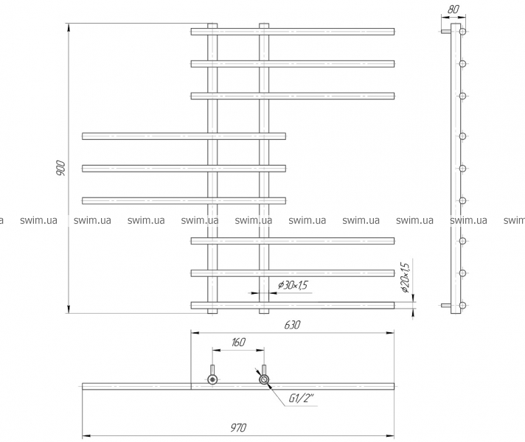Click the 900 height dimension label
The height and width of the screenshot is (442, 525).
tap(60, 168)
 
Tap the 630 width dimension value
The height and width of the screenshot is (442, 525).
tap(292, 325)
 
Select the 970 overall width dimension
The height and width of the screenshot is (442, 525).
tap(238, 427)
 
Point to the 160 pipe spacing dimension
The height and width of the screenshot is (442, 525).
tap(238, 343)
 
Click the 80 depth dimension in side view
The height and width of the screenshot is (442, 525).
tap(453, 10)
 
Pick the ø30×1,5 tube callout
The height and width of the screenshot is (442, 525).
tap(293, 285)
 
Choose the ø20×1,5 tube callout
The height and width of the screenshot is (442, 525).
tap(405, 278)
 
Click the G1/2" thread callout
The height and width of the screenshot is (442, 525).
tap(302, 399)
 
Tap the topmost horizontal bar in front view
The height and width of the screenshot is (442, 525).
tap(293, 32)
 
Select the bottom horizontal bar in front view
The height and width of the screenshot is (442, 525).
tap(293, 305)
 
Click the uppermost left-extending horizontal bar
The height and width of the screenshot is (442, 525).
tap(184, 136)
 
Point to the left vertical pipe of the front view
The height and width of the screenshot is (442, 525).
tap(212, 168)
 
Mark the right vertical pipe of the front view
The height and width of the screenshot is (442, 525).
tap(264, 168)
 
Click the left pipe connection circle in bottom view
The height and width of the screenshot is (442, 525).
tap(212, 379)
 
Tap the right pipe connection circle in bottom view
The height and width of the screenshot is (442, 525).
tap(264, 379)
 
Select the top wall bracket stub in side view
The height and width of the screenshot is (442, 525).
tap(445, 32)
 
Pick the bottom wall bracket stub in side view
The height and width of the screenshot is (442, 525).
tap(445, 305)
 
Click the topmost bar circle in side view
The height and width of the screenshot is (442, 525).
tap(462, 32)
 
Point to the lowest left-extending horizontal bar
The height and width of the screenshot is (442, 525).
tap(184, 201)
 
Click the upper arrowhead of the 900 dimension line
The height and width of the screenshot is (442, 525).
tap(69, 27)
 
